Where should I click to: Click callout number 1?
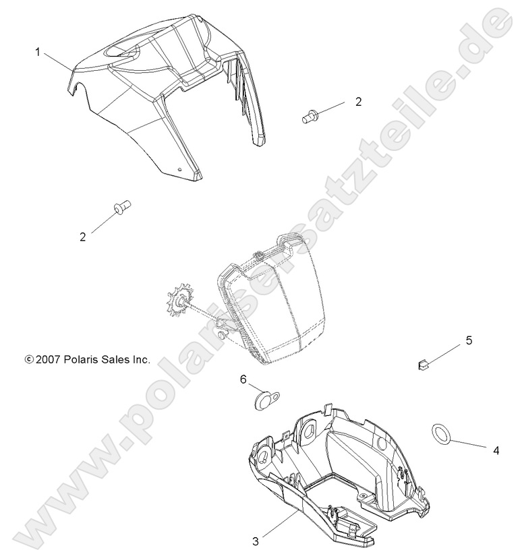pos(38,51)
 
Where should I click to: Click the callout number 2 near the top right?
pos(358,102)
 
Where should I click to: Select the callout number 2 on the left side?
pos(83,237)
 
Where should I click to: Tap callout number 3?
pos(255,540)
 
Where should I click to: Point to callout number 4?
pos(496,450)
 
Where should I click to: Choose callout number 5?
pos(469,340)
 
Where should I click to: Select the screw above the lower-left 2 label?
pos(121,207)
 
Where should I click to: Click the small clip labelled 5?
pos(423,365)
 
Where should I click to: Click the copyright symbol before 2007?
pos(28,360)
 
